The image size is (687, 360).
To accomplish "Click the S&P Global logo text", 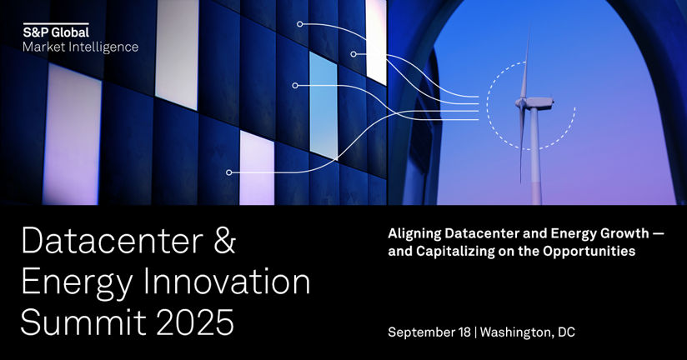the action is point(56,32).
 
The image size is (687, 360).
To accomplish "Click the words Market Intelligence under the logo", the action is point(81,47).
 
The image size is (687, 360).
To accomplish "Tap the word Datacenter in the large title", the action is point(113,241).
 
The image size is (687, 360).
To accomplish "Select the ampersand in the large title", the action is point(225,241).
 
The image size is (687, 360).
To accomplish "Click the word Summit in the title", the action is point(83,322).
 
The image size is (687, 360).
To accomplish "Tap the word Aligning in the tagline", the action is point(414,234).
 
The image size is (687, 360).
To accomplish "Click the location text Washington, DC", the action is point(528,332).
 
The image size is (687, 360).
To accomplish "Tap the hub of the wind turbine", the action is point(521,102).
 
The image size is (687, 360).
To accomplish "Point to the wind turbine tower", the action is point(535,157).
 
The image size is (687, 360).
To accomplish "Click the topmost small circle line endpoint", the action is point(299,24).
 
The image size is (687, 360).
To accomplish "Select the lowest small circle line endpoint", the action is point(228,172).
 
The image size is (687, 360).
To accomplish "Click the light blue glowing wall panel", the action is point(323,105).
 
